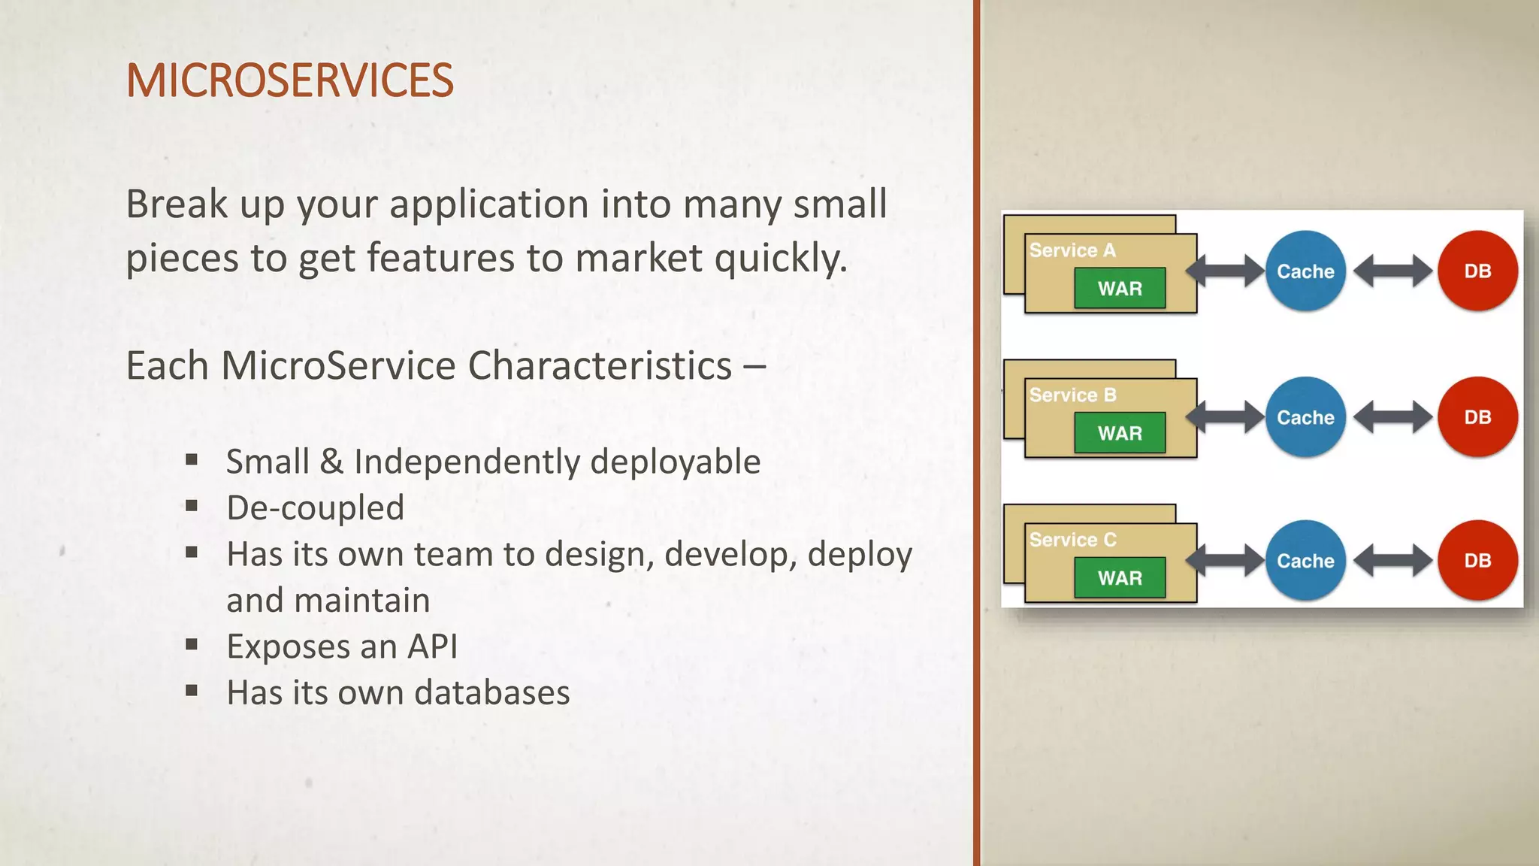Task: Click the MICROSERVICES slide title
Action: (x=289, y=80)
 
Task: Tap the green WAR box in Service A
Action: (x=1120, y=289)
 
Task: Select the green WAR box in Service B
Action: (x=1120, y=433)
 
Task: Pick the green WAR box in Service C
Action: (x=1120, y=578)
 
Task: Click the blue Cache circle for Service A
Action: (x=1305, y=271)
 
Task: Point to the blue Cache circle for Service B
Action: (x=1305, y=417)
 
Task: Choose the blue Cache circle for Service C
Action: (x=1305, y=561)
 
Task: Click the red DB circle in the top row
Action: (x=1477, y=271)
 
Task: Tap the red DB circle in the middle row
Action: (x=1477, y=417)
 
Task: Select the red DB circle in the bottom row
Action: (x=1477, y=561)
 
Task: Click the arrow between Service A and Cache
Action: (x=1226, y=271)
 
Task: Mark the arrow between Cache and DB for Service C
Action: (x=1392, y=561)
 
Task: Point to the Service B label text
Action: (x=1072, y=395)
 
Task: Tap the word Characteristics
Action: (x=600, y=366)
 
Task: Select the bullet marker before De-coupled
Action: (x=192, y=507)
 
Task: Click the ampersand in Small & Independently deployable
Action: (x=331, y=462)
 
